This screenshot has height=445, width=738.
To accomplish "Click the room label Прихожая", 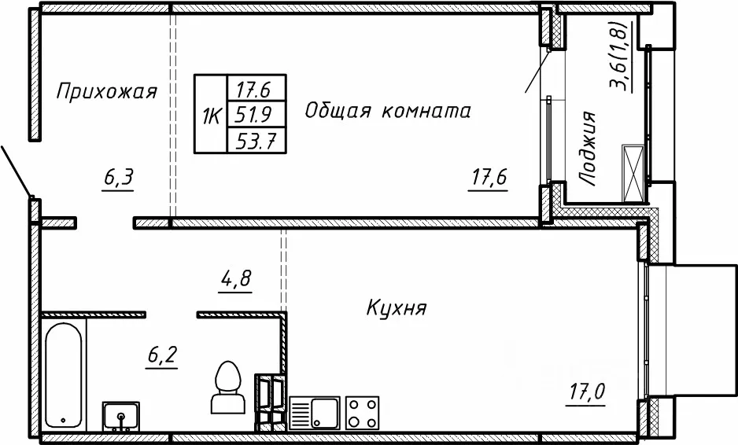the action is (106, 91).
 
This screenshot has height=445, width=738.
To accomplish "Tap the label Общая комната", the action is (387, 111).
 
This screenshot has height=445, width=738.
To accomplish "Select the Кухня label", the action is (397, 308).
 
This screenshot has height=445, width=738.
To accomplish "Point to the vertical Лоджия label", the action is (588, 149).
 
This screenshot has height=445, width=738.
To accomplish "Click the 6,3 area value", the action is (118, 178).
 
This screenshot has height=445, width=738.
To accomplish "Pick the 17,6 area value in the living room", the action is (488, 178).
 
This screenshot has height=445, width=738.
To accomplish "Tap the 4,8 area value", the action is (235, 279).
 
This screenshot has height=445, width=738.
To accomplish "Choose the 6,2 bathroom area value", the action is (161, 355).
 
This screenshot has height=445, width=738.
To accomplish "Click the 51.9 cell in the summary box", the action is (256, 115).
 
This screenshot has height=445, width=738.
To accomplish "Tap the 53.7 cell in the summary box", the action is (256, 140).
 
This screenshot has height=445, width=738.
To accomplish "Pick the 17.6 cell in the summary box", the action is (256, 89).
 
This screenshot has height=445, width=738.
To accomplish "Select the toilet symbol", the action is (228, 387).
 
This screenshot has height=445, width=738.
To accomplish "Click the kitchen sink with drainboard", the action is (315, 413).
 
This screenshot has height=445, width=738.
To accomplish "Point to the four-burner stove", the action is (362, 413).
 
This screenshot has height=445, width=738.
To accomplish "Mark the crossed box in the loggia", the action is (633, 173).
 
